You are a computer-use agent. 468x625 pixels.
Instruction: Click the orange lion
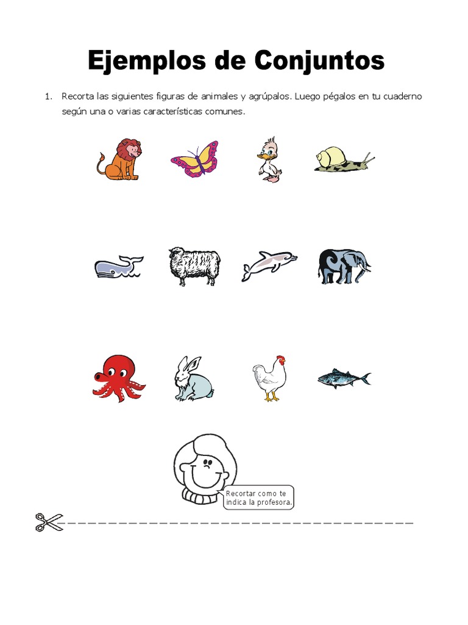pos(120,159)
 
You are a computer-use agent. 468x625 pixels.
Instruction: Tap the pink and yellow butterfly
pos(194,159)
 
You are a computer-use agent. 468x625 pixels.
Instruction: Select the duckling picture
pos(269,161)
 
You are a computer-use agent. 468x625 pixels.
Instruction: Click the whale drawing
pos(118,267)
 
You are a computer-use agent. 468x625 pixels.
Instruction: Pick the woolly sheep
pos(194,266)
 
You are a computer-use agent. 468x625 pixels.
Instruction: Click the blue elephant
pos(344,266)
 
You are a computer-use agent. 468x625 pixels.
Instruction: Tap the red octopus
pos(118,378)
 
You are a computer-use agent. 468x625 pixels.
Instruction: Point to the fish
pos(344,379)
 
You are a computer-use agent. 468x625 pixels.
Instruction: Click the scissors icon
pos(49,522)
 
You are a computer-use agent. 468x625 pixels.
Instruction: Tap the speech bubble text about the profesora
pos(259,498)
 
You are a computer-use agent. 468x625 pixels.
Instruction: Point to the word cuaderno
pos(401,97)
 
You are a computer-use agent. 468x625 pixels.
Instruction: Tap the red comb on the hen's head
pos(280,359)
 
